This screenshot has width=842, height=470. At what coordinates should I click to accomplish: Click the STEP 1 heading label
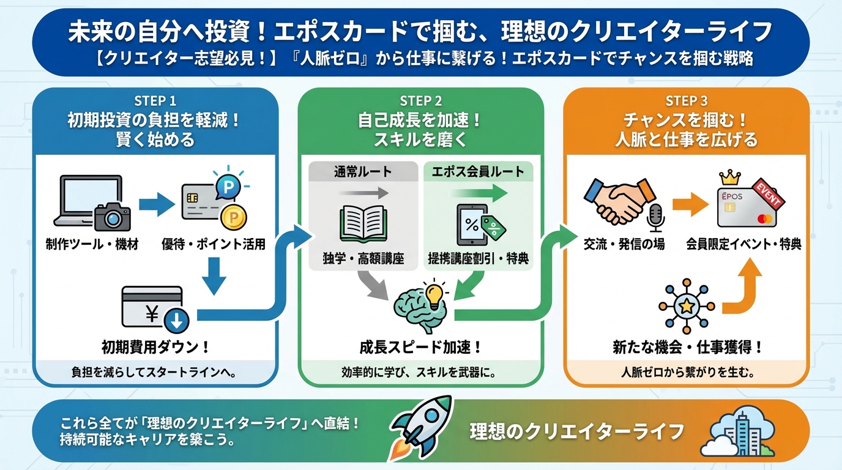pyautogui.click(x=155, y=101)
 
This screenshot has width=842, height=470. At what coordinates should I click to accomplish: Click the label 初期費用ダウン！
pyautogui.click(x=155, y=347)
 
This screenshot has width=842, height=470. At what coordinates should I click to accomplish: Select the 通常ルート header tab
pyautogui.click(x=363, y=172)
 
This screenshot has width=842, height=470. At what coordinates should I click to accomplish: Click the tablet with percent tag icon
pyautogui.click(x=477, y=225)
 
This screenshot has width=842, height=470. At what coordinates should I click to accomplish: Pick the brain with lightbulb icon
pyautogui.click(x=422, y=304)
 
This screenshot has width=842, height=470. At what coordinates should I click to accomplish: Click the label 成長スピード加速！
pyautogui.click(x=420, y=347)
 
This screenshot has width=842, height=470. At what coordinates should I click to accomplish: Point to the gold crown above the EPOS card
pyautogui.click(x=729, y=178)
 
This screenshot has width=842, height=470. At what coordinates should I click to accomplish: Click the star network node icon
pyautogui.click(x=686, y=305)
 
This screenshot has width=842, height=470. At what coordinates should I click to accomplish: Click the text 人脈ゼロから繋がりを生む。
pyautogui.click(x=687, y=371)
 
